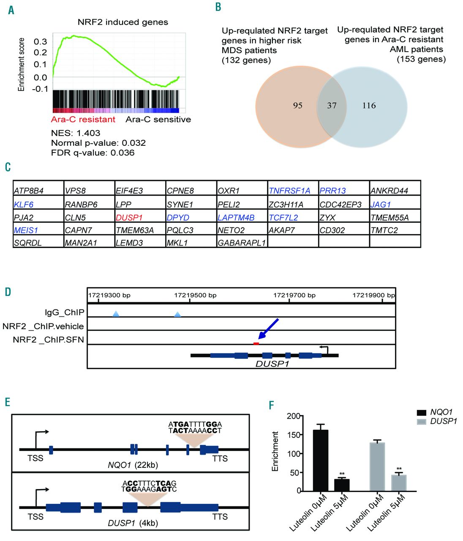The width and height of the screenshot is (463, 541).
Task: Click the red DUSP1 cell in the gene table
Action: pyautogui.click(x=129, y=218)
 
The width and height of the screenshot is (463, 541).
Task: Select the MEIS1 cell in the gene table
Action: pyautogui.click(x=26, y=230)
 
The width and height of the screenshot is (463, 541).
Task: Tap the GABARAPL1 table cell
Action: pyautogui.click(x=242, y=243)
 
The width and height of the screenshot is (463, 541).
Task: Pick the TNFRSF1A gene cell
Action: pyautogui.click(x=289, y=191)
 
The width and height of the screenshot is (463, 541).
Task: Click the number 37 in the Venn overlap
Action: pyautogui.click(x=332, y=106)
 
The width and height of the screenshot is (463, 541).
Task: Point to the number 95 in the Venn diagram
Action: pyautogui.click(x=298, y=106)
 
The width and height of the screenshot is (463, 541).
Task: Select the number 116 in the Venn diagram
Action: pyautogui.click(x=369, y=106)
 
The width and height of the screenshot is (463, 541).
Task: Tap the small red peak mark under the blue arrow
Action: pyautogui.click(x=256, y=344)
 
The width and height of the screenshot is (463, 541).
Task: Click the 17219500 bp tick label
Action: pyautogui.click(x=195, y=295)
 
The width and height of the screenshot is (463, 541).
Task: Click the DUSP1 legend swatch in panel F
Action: pyautogui.click(x=422, y=422)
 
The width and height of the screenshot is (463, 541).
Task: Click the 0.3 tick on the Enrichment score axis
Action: pyautogui.click(x=41, y=41)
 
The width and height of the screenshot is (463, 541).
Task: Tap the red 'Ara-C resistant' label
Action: pyautogui.click(x=83, y=120)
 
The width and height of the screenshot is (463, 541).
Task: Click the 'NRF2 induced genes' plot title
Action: pyautogui.click(x=123, y=22)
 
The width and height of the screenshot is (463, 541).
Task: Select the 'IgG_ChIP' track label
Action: pyautogui.click(x=65, y=312)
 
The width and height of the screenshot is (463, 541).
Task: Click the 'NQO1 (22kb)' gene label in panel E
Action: pyautogui.click(x=133, y=465)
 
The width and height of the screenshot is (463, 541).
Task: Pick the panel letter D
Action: pyautogui.click(x=8, y=292)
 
